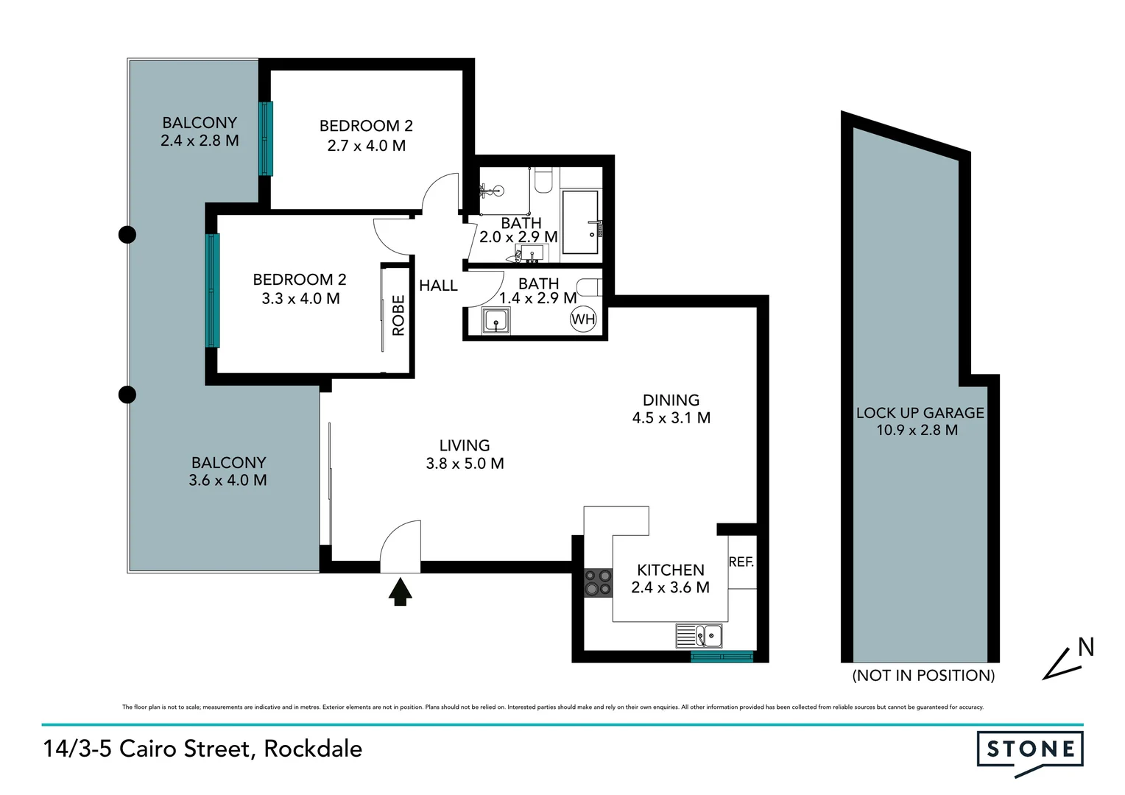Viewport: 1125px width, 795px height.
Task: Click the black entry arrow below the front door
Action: [400, 592]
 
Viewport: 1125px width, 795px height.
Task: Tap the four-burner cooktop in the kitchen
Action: [598, 582]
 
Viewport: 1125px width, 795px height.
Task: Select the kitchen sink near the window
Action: [699, 636]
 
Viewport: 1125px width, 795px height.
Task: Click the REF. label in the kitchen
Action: [741, 562]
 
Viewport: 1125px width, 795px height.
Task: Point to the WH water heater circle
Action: [583, 319]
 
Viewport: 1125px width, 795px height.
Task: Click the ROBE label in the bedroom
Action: [398, 316]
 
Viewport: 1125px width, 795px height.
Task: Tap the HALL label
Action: [438, 286]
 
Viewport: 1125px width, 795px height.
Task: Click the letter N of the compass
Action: [1085, 647]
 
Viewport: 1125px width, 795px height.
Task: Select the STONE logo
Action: [1029, 750]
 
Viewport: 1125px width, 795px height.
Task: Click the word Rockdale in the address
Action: [313, 749]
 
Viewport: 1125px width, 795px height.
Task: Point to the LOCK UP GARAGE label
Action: [920, 413]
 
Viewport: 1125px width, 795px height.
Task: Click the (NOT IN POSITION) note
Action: [923, 675]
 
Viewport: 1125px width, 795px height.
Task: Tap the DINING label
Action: [671, 400]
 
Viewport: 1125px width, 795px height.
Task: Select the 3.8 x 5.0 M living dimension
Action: [465, 464]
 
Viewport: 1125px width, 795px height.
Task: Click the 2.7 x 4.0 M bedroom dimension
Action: [366, 146]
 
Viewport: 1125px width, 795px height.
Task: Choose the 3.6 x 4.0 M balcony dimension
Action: [228, 481]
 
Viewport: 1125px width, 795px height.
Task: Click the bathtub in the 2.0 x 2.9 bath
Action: [580, 222]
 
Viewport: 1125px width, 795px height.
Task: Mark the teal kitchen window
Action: [722, 657]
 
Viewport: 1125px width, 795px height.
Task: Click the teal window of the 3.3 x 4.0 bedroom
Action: [212, 290]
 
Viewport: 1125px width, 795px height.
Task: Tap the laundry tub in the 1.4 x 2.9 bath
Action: [496, 322]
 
